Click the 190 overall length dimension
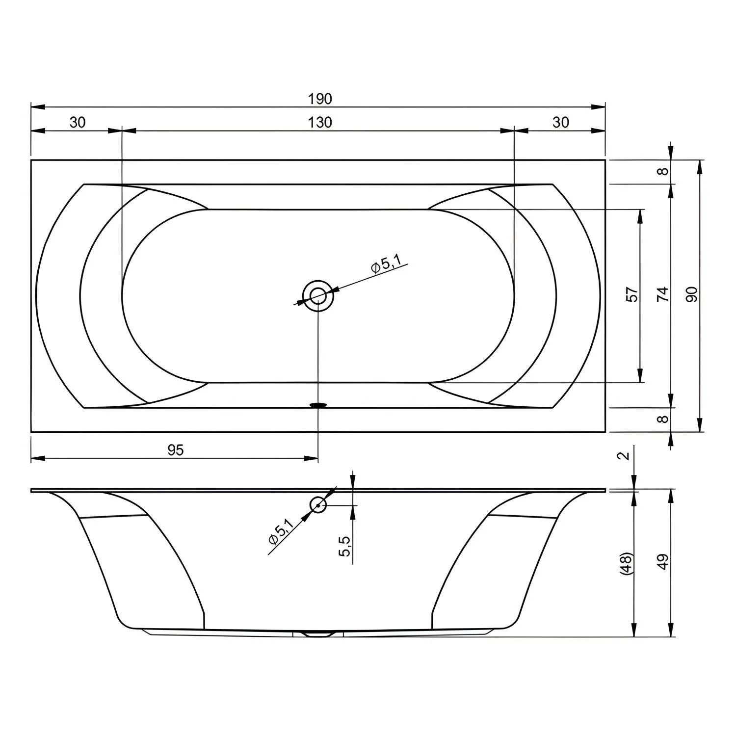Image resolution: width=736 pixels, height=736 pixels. pyautogui.click(x=320, y=99)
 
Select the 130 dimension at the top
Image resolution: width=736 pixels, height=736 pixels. pyautogui.click(x=320, y=122)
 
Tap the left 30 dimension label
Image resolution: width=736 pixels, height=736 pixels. pyautogui.click(x=78, y=122)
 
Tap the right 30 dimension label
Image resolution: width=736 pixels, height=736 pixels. pyautogui.click(x=560, y=122)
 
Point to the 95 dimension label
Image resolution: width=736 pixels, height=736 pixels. pyautogui.click(x=175, y=450)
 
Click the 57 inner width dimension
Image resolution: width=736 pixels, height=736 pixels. pyautogui.click(x=633, y=294)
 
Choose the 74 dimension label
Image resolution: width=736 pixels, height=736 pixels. pyautogui.click(x=662, y=294)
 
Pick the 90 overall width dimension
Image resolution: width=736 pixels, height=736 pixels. pyautogui.click(x=692, y=294)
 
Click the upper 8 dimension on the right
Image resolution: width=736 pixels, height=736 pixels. pyautogui.click(x=663, y=171)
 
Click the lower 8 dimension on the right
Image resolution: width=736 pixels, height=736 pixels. pyautogui.click(x=663, y=420)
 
